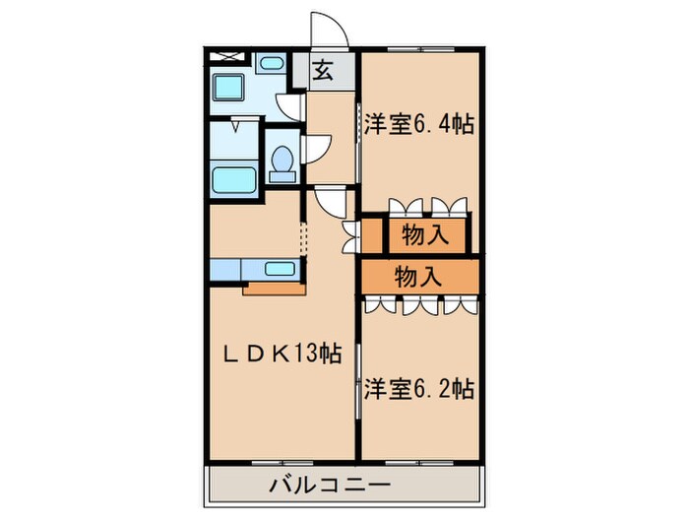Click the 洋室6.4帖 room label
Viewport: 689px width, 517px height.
(419, 125)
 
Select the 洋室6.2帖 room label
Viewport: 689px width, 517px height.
(419, 388)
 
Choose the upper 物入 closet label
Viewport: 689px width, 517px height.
(426, 235)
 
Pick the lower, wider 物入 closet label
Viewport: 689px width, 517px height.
(418, 278)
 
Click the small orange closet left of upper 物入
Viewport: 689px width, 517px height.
(371, 235)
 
